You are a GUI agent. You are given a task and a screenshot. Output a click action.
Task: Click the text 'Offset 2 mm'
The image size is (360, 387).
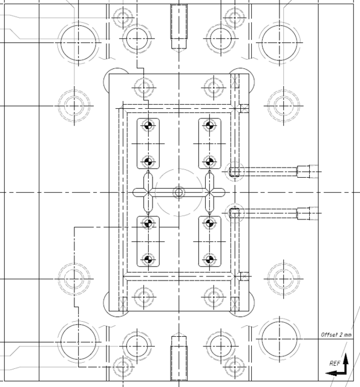[x=336, y=334]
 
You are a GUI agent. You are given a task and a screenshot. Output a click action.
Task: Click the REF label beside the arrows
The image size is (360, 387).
[x=334, y=363]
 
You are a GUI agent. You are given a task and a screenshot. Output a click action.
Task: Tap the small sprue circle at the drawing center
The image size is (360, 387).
[x=178, y=192]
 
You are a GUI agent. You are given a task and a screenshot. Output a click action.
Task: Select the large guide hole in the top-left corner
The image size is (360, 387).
[x=78, y=42]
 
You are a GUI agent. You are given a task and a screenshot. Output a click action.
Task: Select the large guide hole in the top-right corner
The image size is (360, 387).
[x=279, y=42]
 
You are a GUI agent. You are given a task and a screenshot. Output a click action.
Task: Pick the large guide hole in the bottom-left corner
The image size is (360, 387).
[x=78, y=342]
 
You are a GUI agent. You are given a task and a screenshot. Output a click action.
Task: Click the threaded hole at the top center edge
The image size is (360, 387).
[x=178, y=27]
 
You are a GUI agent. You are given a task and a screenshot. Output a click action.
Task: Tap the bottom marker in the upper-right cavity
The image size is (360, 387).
[x=209, y=161]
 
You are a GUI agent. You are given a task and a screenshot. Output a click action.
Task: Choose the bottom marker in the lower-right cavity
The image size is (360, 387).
[x=209, y=259]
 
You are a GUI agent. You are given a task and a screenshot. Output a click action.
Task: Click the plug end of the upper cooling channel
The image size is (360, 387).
[x=305, y=172]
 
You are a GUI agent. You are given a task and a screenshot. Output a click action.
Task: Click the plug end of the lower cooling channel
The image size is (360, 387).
[x=305, y=213]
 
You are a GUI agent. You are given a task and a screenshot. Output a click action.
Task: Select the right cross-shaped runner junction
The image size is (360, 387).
[x=209, y=192]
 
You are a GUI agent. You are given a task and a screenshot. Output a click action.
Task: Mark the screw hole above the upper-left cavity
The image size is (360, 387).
[x=143, y=88]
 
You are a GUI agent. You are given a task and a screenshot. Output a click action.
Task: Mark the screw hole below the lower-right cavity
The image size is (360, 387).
[x=214, y=297]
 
